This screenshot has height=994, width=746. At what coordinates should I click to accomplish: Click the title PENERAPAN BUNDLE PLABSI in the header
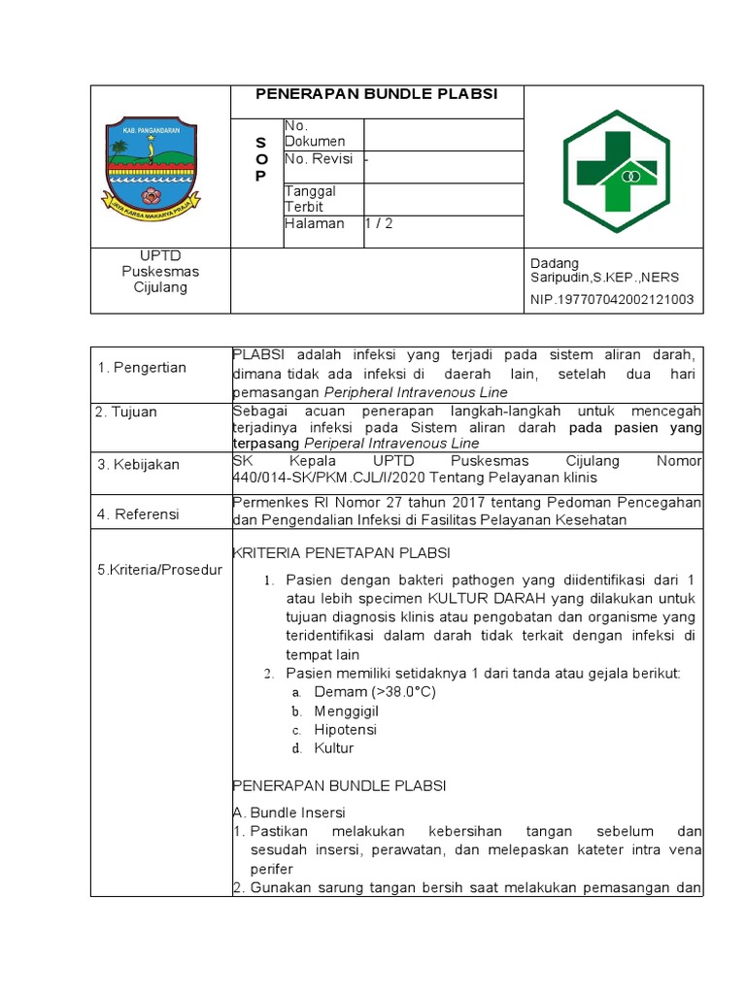376,94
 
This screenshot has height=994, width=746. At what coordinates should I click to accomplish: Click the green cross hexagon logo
615,166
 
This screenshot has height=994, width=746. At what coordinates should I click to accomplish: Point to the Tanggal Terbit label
311,199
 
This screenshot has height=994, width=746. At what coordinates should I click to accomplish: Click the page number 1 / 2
379,223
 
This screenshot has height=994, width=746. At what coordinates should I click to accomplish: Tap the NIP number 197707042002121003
612,299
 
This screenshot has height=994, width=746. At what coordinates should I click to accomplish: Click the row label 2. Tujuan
126,412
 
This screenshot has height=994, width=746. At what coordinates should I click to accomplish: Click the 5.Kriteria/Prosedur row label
158,569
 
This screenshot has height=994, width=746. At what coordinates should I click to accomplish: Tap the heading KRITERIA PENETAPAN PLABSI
341,553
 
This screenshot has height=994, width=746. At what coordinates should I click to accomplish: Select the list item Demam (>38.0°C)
375,691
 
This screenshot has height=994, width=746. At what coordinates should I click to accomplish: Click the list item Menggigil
346,711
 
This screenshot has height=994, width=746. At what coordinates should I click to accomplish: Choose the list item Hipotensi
345,729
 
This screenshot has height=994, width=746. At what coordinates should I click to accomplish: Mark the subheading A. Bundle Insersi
288,812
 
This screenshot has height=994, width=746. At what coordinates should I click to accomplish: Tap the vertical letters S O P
259,159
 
